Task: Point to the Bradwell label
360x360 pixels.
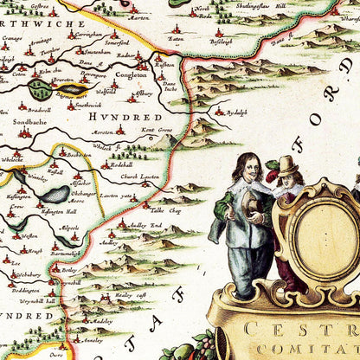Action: click(39, 110)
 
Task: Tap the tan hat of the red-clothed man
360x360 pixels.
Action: click(288, 164)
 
